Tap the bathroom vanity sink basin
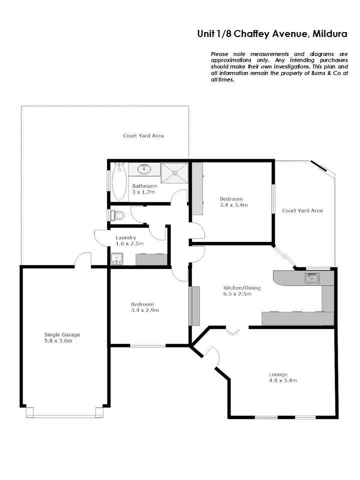click(x=145, y=168)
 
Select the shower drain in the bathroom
click(x=174, y=173)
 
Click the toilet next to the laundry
click(x=118, y=215)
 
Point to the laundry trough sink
click(x=117, y=259)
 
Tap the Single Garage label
click(x=62, y=335)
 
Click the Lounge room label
click(x=278, y=374)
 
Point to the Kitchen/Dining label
click(x=242, y=288)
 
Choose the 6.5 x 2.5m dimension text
click(x=237, y=294)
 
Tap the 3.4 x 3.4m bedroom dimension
click(x=234, y=205)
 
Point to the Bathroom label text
click(x=144, y=186)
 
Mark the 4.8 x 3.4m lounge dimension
click(x=283, y=380)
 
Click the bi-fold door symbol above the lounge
click(x=233, y=331)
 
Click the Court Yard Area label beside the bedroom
click(x=302, y=210)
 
